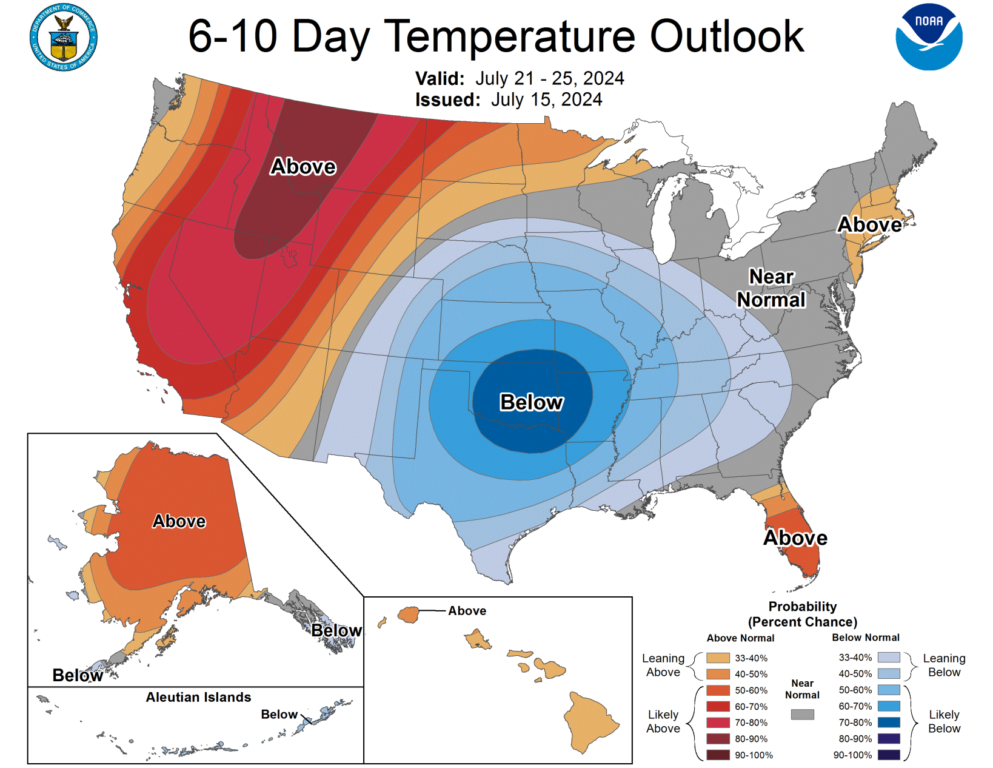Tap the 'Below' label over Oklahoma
pyautogui.click(x=531, y=402)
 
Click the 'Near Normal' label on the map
pyautogui.click(x=771, y=288)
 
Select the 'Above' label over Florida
pyautogui.click(x=795, y=537)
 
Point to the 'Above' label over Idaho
pyautogui.click(x=303, y=166)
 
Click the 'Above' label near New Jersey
pyautogui.click(x=869, y=224)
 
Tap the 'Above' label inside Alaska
pyautogui.click(x=179, y=521)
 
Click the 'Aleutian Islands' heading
pyautogui.click(x=198, y=697)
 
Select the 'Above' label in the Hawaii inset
pyautogui.click(x=467, y=611)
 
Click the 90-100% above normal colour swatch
pyautogui.click(x=718, y=755)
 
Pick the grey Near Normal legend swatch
pyautogui.click(x=802, y=715)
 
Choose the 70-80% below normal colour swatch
pyautogui.click(x=889, y=723)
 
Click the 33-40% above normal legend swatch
pyautogui.click(x=718, y=658)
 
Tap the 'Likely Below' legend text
pyautogui.click(x=944, y=721)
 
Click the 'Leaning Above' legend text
pyautogui.click(x=663, y=665)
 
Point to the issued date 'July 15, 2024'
pyautogui.click(x=546, y=99)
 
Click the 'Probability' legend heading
pyautogui.click(x=802, y=607)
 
